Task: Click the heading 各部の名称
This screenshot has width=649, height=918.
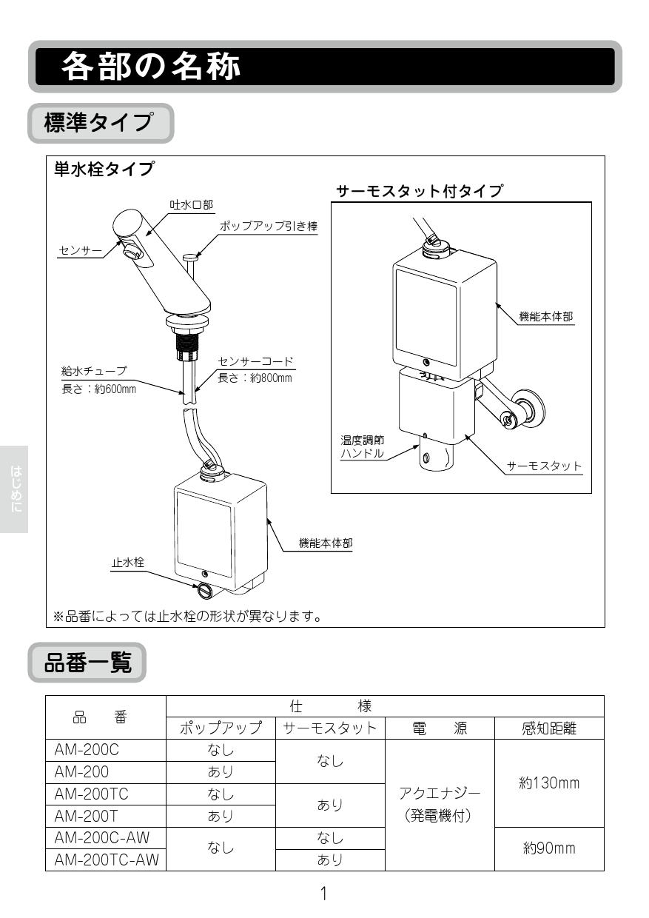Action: (x=151, y=67)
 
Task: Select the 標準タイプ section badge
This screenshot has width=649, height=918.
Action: (x=100, y=123)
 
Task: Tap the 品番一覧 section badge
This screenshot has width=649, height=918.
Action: (x=87, y=663)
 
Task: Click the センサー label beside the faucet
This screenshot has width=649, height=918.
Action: (x=80, y=251)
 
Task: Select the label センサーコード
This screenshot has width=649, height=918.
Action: (x=256, y=362)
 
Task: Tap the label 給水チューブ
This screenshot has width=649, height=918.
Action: (x=93, y=370)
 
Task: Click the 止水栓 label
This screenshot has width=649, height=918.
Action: (x=127, y=563)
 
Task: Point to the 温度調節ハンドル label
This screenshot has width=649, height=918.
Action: (x=362, y=447)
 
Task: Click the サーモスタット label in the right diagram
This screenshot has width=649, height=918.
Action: (x=544, y=466)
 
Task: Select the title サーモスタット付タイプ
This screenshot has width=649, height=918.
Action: (x=419, y=191)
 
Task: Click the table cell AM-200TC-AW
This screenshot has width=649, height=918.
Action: (x=106, y=860)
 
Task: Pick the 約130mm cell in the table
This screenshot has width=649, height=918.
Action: (x=549, y=783)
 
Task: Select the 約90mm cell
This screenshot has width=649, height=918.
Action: (x=549, y=848)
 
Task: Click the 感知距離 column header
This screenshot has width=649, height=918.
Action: (x=549, y=728)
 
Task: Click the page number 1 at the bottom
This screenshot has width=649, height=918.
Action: (x=323, y=894)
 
